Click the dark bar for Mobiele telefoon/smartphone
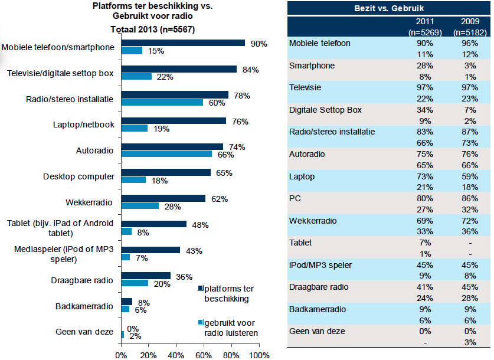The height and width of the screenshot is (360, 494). (183, 43)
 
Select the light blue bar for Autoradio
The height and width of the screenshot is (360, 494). (166, 154)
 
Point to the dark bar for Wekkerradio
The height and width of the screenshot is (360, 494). (163, 198)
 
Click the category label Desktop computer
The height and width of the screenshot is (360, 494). (78, 176)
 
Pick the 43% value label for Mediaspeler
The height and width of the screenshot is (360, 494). (194, 250)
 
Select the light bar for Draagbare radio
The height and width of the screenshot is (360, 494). (135, 283)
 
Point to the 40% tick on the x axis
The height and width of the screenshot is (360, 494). (176, 355)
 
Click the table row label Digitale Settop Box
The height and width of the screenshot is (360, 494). (326, 110)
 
